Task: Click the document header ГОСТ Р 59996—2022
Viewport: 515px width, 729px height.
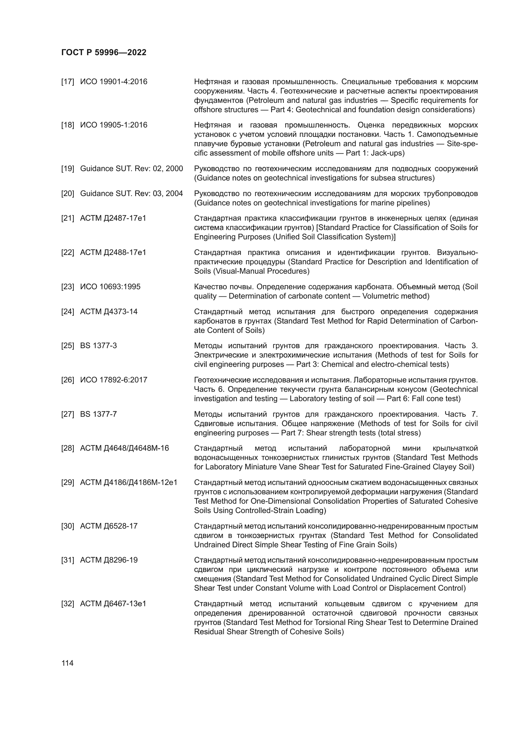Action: click(104, 53)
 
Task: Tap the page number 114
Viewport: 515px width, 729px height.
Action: click(67, 663)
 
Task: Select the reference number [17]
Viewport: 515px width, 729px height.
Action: click(67, 82)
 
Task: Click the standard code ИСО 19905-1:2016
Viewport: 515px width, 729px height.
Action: click(114, 125)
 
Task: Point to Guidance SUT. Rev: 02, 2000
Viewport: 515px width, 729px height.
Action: click(131, 169)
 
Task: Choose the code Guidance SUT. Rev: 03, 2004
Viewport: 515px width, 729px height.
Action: click(131, 194)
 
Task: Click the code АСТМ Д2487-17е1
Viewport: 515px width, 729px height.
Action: click(113, 218)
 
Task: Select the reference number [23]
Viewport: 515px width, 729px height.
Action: click(67, 287)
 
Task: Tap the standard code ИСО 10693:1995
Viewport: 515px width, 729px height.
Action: click(110, 287)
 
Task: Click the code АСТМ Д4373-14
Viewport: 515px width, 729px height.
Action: click(109, 312)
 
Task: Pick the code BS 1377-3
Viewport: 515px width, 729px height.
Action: click(98, 346)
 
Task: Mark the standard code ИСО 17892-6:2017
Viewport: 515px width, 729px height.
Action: click(114, 380)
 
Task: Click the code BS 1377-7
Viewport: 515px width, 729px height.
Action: click(98, 414)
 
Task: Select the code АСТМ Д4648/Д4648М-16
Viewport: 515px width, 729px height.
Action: click(124, 448)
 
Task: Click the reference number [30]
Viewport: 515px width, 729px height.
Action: click(67, 526)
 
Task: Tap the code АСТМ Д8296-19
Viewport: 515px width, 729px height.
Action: click(109, 560)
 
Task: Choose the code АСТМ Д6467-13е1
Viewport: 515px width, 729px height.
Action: click(113, 604)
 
